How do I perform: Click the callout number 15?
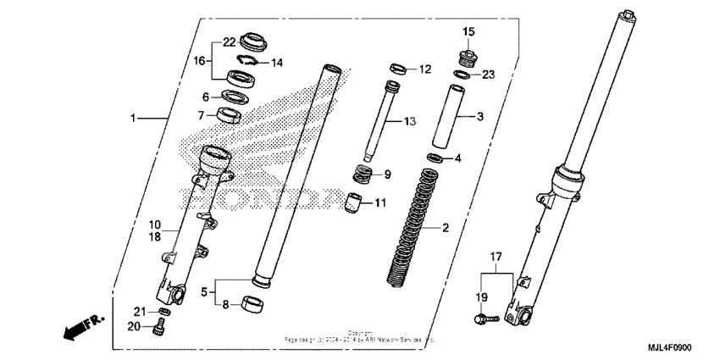(x=468, y=31)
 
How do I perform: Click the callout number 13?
(x=409, y=122)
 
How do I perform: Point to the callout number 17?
(x=496, y=255)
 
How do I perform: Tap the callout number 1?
(x=132, y=119)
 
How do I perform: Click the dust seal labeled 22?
(x=253, y=40)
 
